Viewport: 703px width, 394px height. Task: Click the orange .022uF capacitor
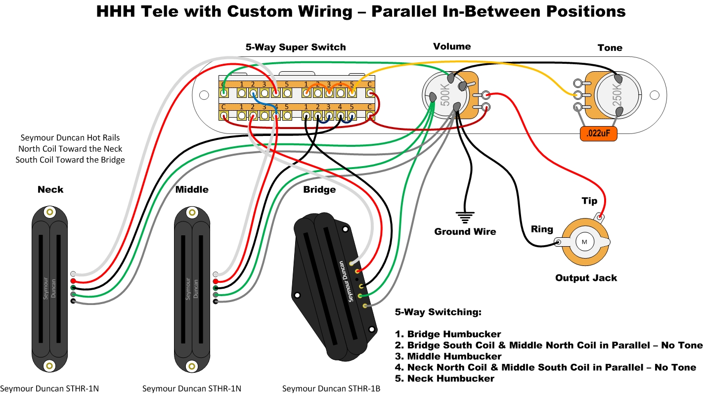[598, 133]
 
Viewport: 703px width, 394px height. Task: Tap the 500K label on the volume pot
[445, 95]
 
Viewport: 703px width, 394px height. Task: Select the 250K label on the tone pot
[617, 95]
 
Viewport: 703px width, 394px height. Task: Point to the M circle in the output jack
[584, 242]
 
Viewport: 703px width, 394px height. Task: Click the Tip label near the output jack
[589, 201]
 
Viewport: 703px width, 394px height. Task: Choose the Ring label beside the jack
[542, 229]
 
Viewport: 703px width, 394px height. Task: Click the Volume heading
[452, 46]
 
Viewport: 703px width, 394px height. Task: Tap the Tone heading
[610, 48]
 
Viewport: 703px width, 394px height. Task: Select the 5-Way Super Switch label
[296, 47]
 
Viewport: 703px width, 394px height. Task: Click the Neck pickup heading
[50, 190]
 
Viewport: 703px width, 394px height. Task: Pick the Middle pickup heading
[192, 190]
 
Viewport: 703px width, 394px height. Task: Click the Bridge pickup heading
[319, 190]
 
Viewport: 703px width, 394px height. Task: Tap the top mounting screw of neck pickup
[49, 212]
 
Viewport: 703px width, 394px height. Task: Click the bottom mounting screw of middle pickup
[192, 366]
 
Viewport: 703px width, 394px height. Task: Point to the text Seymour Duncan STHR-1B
[331, 389]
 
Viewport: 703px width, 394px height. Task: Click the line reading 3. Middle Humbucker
[448, 356]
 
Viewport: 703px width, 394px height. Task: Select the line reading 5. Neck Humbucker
[444, 379]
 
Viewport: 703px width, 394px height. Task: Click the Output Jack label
[586, 278]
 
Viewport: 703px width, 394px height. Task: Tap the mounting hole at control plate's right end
[655, 95]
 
